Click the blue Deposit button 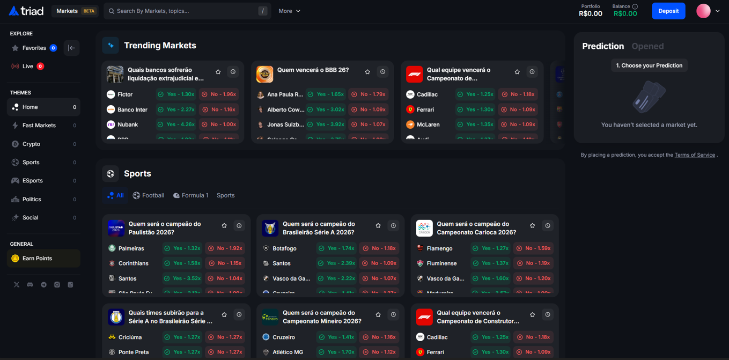point(668,11)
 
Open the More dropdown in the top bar point(289,11)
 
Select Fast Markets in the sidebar point(39,126)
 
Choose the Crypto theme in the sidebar point(31,144)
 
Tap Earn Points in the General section point(37,259)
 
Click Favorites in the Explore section point(34,48)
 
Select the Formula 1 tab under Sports point(190,195)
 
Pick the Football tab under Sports point(149,195)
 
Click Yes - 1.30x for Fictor point(176,94)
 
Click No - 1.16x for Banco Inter point(219,109)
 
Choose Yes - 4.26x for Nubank point(176,124)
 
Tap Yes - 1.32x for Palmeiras point(182,248)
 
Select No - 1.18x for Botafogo point(379,248)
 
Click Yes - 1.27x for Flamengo point(491,248)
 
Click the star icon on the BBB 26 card point(367,72)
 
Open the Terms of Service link point(694,155)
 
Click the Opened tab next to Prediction point(647,46)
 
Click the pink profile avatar point(703,11)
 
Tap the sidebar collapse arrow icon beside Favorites point(71,48)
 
